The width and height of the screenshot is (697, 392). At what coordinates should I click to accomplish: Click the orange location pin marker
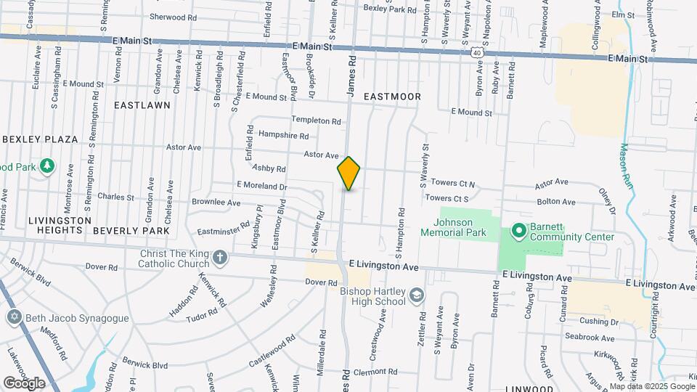pos(348,173)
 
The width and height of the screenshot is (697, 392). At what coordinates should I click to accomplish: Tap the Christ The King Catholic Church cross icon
pos(219,257)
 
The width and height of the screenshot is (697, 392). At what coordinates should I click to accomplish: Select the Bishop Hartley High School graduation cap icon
pos(417,295)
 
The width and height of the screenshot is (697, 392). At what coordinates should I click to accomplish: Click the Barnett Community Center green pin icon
pos(518,231)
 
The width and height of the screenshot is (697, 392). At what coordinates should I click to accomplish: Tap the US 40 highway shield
pos(475,53)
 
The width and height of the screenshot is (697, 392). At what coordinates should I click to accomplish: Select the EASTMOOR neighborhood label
pos(392,96)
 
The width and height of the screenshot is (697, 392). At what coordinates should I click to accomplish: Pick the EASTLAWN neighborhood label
pos(142,105)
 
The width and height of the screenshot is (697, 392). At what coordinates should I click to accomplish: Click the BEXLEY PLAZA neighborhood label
pos(40,139)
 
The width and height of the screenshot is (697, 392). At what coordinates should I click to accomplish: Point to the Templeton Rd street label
pos(316,120)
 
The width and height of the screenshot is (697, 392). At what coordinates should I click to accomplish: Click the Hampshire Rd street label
pos(283,136)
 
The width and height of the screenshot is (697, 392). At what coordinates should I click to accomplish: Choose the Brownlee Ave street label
pos(215,203)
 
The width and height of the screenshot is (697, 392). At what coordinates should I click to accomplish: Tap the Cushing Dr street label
pos(599,322)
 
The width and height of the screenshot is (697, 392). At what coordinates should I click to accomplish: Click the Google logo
pos(24,383)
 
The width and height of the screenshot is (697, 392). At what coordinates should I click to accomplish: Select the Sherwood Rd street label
pos(173,16)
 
